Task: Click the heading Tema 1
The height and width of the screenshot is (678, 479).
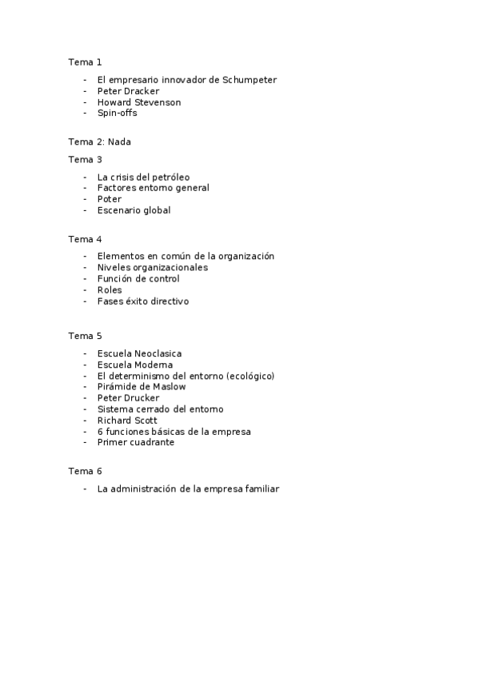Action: coord(85,62)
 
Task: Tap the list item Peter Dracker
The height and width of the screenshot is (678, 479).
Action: coord(128,91)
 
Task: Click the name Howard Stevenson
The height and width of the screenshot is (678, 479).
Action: coord(138,102)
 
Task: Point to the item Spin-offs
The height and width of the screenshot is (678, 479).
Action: coord(117,114)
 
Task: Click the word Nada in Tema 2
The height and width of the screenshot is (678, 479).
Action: coord(119,142)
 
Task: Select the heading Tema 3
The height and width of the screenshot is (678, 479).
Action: coord(85,159)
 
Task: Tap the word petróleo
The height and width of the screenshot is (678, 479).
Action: coord(170,177)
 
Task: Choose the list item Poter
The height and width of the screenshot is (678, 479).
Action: coord(109,199)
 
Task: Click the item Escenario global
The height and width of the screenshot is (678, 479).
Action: coord(134,210)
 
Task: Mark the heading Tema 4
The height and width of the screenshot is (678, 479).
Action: coord(85,239)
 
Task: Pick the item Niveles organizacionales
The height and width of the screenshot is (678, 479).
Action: coord(152,268)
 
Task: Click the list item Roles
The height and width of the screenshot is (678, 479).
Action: coord(110,290)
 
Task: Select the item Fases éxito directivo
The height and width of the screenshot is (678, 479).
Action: coord(143,301)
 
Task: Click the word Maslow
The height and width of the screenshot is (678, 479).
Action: coord(168,387)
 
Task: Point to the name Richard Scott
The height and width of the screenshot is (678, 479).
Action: coord(127,421)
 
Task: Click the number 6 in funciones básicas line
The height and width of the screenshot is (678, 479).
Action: coord(100,432)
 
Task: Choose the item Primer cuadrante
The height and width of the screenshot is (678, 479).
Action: coord(135,443)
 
